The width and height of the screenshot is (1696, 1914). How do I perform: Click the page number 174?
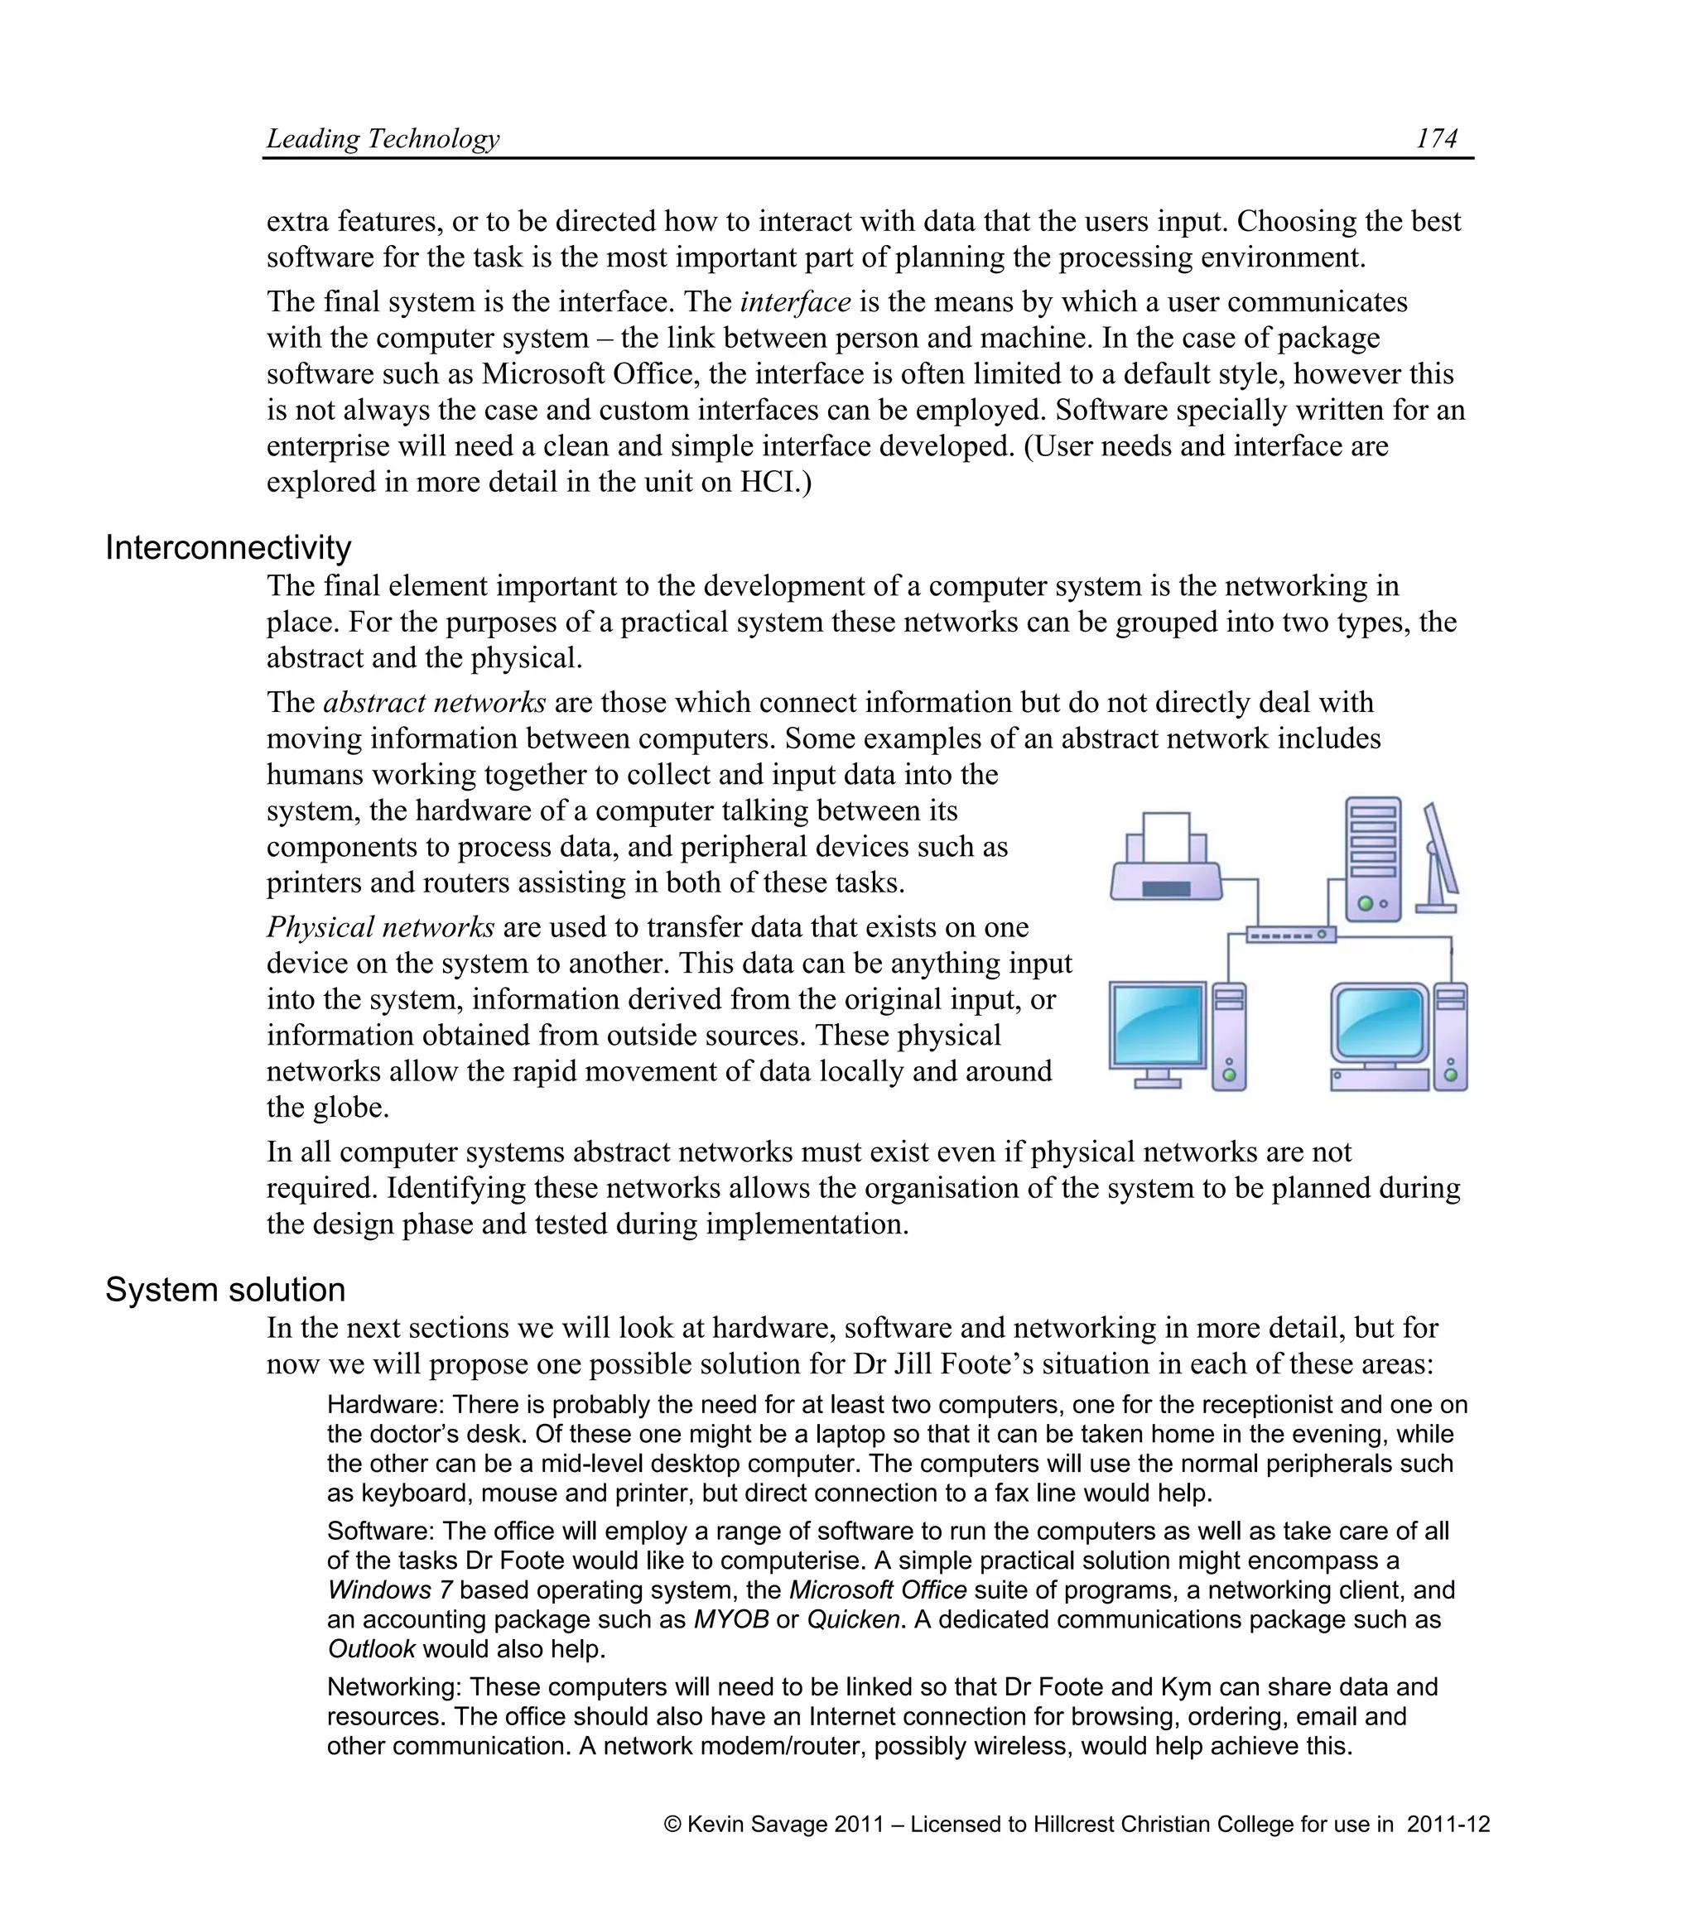coord(1436,138)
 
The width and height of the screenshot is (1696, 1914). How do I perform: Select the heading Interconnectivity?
coord(228,548)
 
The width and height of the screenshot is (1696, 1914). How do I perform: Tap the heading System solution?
coord(224,1290)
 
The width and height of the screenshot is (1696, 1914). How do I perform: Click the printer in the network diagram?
coord(1166,859)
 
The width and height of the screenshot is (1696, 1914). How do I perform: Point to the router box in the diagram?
coord(1290,935)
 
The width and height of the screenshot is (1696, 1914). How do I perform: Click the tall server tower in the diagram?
coord(1373,858)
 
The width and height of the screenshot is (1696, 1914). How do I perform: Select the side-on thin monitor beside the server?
coord(1438,858)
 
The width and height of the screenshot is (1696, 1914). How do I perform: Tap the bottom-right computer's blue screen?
coord(1380,1024)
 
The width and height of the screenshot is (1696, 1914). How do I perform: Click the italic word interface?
coord(795,302)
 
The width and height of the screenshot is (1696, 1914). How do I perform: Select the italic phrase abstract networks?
coord(435,703)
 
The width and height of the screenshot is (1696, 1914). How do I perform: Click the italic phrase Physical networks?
coord(380,927)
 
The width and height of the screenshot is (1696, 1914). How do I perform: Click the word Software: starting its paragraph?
coord(381,1531)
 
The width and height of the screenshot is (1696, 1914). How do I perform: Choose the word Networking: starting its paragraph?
coord(394,1687)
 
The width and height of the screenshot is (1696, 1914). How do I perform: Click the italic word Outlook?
coord(371,1649)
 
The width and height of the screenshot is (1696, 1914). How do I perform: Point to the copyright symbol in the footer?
coord(672,1824)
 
